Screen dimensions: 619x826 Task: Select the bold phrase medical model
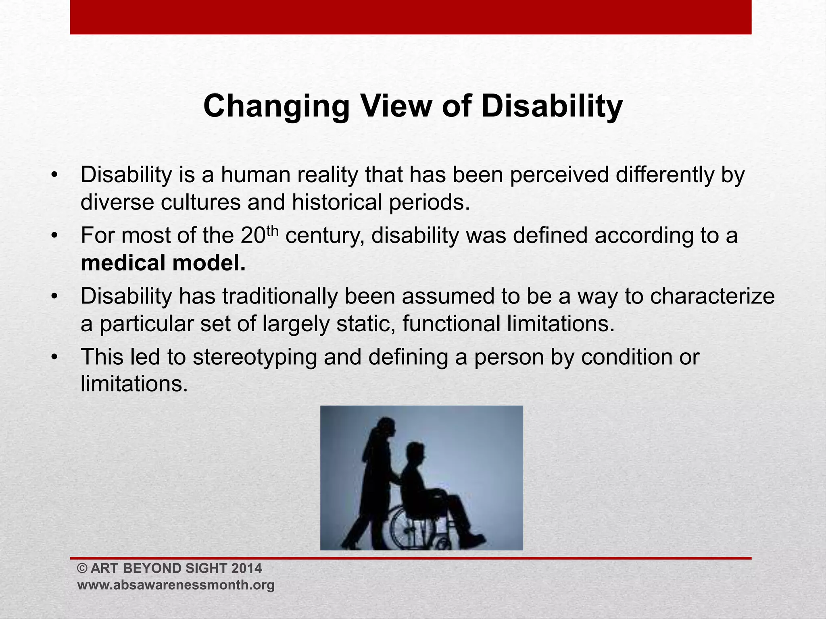(163, 263)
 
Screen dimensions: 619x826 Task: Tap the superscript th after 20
(272, 231)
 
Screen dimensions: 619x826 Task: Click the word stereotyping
(255, 357)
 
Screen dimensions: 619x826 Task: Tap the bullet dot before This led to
(55, 357)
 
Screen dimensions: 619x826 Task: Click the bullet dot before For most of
(55, 236)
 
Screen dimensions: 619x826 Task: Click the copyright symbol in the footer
(82, 569)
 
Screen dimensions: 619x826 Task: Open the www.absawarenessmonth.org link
(176, 585)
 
